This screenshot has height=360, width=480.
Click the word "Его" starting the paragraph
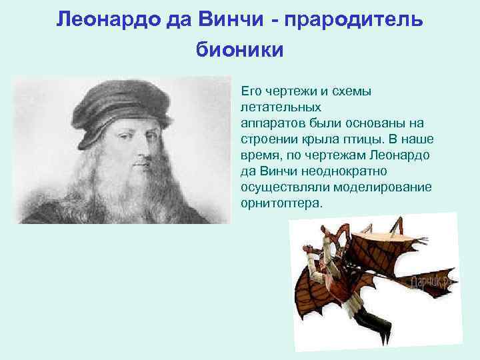[251, 91]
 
